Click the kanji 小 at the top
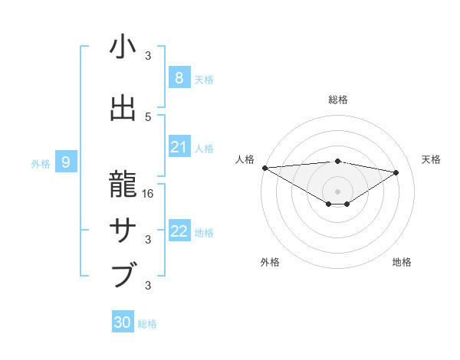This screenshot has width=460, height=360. pyautogui.click(x=123, y=47)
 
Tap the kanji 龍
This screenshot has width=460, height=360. pyautogui.click(x=123, y=183)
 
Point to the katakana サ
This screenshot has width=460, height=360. pyautogui.click(x=123, y=229)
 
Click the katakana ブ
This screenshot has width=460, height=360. pyautogui.click(x=123, y=274)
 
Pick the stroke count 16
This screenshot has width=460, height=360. pyautogui.click(x=149, y=194)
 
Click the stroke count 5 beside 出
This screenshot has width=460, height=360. pyautogui.click(x=148, y=116)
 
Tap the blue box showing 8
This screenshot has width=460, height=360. pyautogui.click(x=179, y=78)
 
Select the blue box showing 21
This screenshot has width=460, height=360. pyautogui.click(x=179, y=147)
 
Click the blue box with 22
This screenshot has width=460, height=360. pyautogui.click(x=179, y=231)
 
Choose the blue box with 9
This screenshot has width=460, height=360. pyautogui.click(x=66, y=162)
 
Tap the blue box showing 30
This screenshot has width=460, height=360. pyautogui.click(x=122, y=322)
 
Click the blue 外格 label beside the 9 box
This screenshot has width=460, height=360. pyautogui.click(x=41, y=163)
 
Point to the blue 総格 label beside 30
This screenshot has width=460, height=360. pyautogui.click(x=147, y=324)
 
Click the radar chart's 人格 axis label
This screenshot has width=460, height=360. pyautogui.click(x=245, y=159)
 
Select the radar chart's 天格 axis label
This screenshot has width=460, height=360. pyautogui.click(x=432, y=159)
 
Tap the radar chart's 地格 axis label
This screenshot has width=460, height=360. pyautogui.click(x=402, y=263)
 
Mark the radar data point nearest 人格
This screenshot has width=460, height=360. pyautogui.click(x=264, y=167)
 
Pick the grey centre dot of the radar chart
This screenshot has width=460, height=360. pyautogui.click(x=337, y=190)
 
